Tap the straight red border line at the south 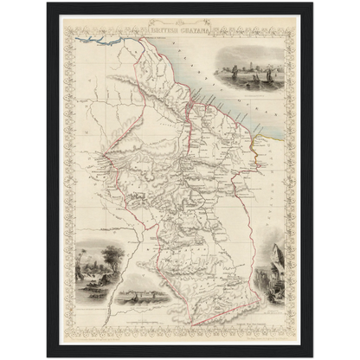pyautogui.click(x=216, y=297)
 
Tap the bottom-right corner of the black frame pyautogui.click(x=312, y=356)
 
